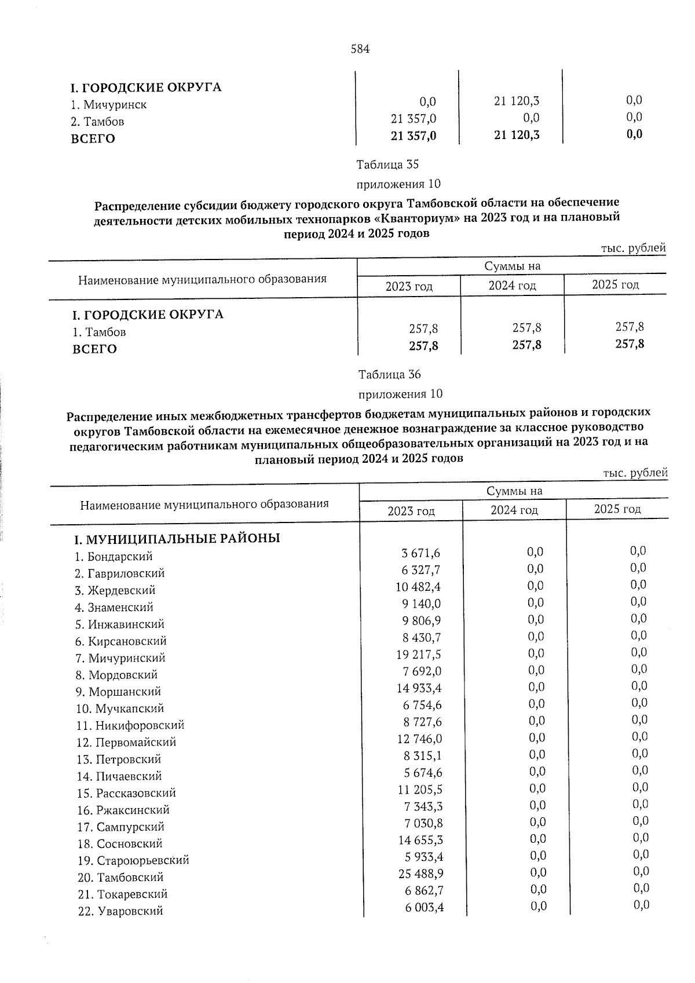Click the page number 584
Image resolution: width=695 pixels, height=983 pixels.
(360, 49)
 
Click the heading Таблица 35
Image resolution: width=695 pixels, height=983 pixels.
(387, 165)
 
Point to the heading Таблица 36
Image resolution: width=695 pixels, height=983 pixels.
(389, 374)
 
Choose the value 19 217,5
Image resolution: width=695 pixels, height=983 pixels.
(419, 655)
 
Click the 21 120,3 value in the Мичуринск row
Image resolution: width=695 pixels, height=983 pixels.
(517, 101)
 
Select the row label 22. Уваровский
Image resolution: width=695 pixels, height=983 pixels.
(120, 911)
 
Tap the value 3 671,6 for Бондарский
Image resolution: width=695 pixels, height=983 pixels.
(421, 554)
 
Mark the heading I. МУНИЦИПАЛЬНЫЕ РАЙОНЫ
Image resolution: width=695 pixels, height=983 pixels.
(177, 539)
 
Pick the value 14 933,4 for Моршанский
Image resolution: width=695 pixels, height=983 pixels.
(419, 688)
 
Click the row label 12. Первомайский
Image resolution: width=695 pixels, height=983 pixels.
(126, 742)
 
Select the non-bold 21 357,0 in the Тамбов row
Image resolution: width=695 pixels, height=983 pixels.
(414, 119)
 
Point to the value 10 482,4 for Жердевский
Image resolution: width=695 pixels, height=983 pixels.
(418, 587)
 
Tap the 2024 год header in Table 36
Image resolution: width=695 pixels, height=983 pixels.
(514, 510)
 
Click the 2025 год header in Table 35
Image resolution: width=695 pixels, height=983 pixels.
(615, 284)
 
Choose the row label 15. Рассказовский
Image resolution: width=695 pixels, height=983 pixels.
(126, 793)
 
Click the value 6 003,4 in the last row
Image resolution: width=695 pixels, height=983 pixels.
(425, 907)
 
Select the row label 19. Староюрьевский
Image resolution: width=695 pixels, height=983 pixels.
(133, 860)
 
